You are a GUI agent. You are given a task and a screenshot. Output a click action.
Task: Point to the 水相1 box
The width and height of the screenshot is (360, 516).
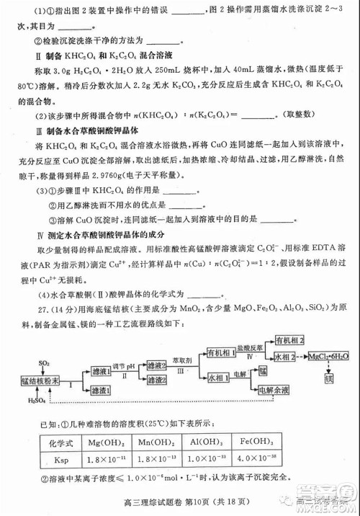pyautogui.click(x=217, y=377)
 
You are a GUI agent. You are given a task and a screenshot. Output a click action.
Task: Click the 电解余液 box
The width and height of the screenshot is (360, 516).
pyautogui.click(x=274, y=390)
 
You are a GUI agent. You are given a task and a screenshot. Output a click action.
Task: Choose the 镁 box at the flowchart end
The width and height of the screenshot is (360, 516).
pyautogui.click(x=329, y=378)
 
